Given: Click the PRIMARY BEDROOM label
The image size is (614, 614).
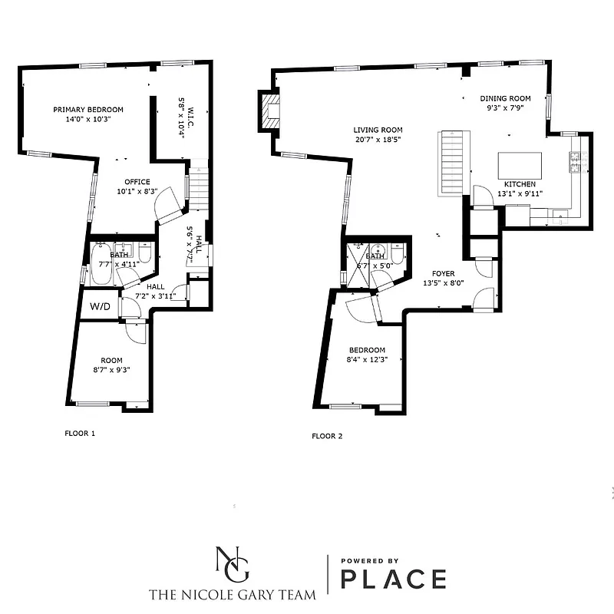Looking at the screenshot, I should [88, 110].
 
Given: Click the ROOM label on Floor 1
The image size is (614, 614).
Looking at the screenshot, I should [112, 360].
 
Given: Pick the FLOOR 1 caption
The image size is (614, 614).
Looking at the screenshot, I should [80, 433].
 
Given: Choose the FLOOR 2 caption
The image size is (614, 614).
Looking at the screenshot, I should [327, 436].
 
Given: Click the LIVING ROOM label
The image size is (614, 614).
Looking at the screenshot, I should [378, 130].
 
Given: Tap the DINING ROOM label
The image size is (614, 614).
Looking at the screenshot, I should [506, 98].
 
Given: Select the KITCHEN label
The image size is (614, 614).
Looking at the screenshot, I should [520, 184].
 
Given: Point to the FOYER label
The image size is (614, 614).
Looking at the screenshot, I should [444, 273].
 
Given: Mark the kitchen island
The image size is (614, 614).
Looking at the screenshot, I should [520, 165].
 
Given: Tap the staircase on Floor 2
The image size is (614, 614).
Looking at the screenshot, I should [451, 163].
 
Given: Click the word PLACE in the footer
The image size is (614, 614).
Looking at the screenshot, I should [394, 579].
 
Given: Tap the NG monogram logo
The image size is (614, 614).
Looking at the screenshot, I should [233, 566].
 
